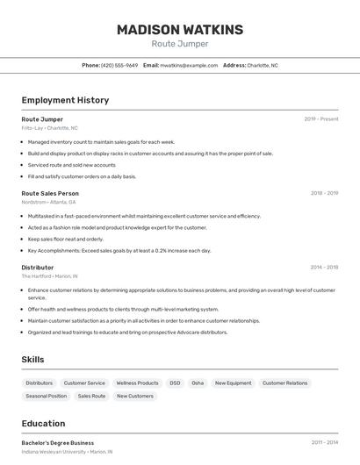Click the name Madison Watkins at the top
[180, 30]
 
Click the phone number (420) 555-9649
[119, 65]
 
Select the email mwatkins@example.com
[189, 65]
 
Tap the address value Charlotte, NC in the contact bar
[263, 65]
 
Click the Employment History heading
[65, 100]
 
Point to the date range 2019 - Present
[321, 118]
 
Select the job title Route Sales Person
[50, 193]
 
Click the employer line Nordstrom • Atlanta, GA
[54, 202]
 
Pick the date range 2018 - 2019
[324, 193]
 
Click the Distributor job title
[38, 268]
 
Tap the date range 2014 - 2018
[324, 268]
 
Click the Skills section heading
[33, 360]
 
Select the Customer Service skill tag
[84, 383]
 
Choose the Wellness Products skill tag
[138, 383]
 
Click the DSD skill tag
[175, 383]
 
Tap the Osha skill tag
[198, 383]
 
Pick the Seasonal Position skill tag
[47, 397]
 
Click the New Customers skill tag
[135, 397]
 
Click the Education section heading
[43, 423]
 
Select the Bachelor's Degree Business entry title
[58, 443]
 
